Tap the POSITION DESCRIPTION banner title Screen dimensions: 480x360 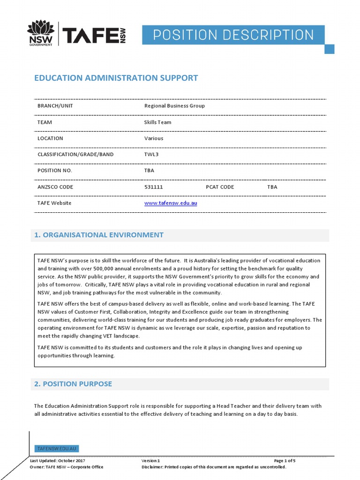click(x=233, y=35)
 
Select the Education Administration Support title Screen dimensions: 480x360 click(x=116, y=78)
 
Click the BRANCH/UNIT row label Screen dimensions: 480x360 click(x=55, y=106)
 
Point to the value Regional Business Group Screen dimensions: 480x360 click(x=174, y=106)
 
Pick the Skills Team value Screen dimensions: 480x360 click(x=157, y=122)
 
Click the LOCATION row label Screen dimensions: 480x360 click(x=50, y=138)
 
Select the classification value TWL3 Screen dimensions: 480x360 click(x=152, y=154)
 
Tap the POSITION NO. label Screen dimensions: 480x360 click(x=55, y=171)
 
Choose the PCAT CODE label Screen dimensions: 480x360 click(x=220, y=187)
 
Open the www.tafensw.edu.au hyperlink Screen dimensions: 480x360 click(x=170, y=203)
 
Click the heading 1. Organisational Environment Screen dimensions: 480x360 click(x=99, y=235)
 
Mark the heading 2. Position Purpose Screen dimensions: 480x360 click(x=73, y=384)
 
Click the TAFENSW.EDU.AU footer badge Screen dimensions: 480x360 click(x=57, y=449)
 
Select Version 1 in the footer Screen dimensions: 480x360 click(x=150, y=461)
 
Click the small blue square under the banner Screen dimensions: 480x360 click(x=330, y=49)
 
